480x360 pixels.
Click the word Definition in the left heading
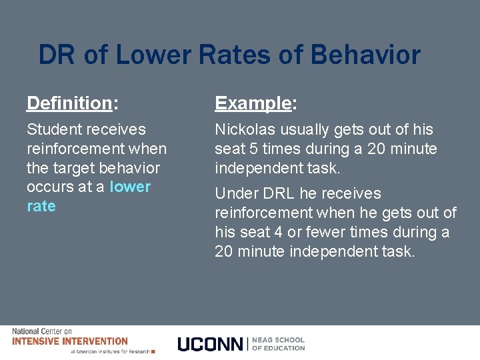pyautogui.click(x=69, y=103)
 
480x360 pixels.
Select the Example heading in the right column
pyautogui.click(x=253, y=103)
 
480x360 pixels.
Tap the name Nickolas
pyautogui.click(x=244, y=129)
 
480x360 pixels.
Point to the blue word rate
pyautogui.click(x=41, y=207)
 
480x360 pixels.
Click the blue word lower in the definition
pyautogui.click(x=130, y=187)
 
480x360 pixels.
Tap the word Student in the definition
pyautogui.click(x=53, y=129)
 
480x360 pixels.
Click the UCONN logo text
pyautogui.click(x=211, y=344)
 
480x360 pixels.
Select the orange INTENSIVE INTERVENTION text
pyautogui.click(x=70, y=341)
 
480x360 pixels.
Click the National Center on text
pyautogui.click(x=41, y=331)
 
